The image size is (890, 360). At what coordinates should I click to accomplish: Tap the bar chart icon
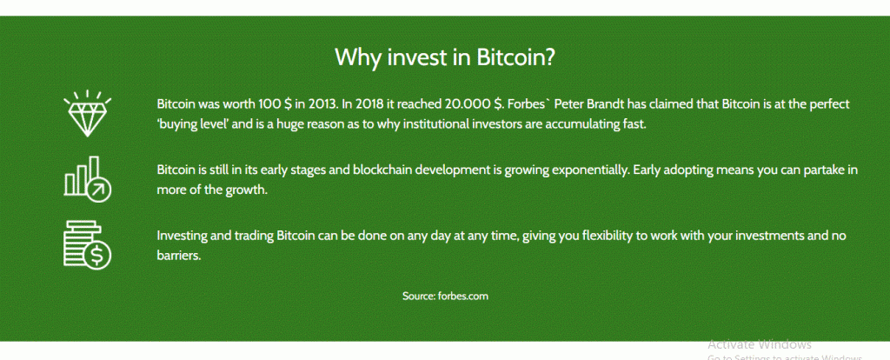pos(88,179)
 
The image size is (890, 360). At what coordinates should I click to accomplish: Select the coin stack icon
pos(88,244)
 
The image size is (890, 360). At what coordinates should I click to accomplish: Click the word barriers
pos(179,256)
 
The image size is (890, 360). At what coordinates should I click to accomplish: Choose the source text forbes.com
pos(463,296)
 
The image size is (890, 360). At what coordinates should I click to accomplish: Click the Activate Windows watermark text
pos(760,344)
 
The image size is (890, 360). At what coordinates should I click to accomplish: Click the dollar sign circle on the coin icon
pos(97,257)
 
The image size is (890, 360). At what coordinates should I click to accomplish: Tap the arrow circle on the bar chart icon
pos(99,190)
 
